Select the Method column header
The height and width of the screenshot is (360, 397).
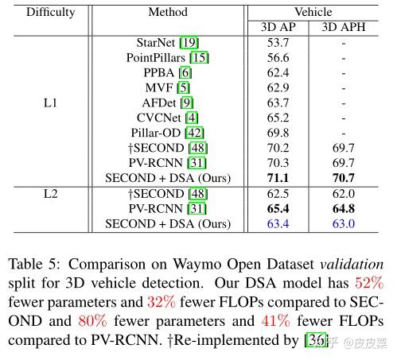click(x=168, y=12)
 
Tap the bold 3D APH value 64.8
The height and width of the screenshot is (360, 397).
click(x=344, y=208)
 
